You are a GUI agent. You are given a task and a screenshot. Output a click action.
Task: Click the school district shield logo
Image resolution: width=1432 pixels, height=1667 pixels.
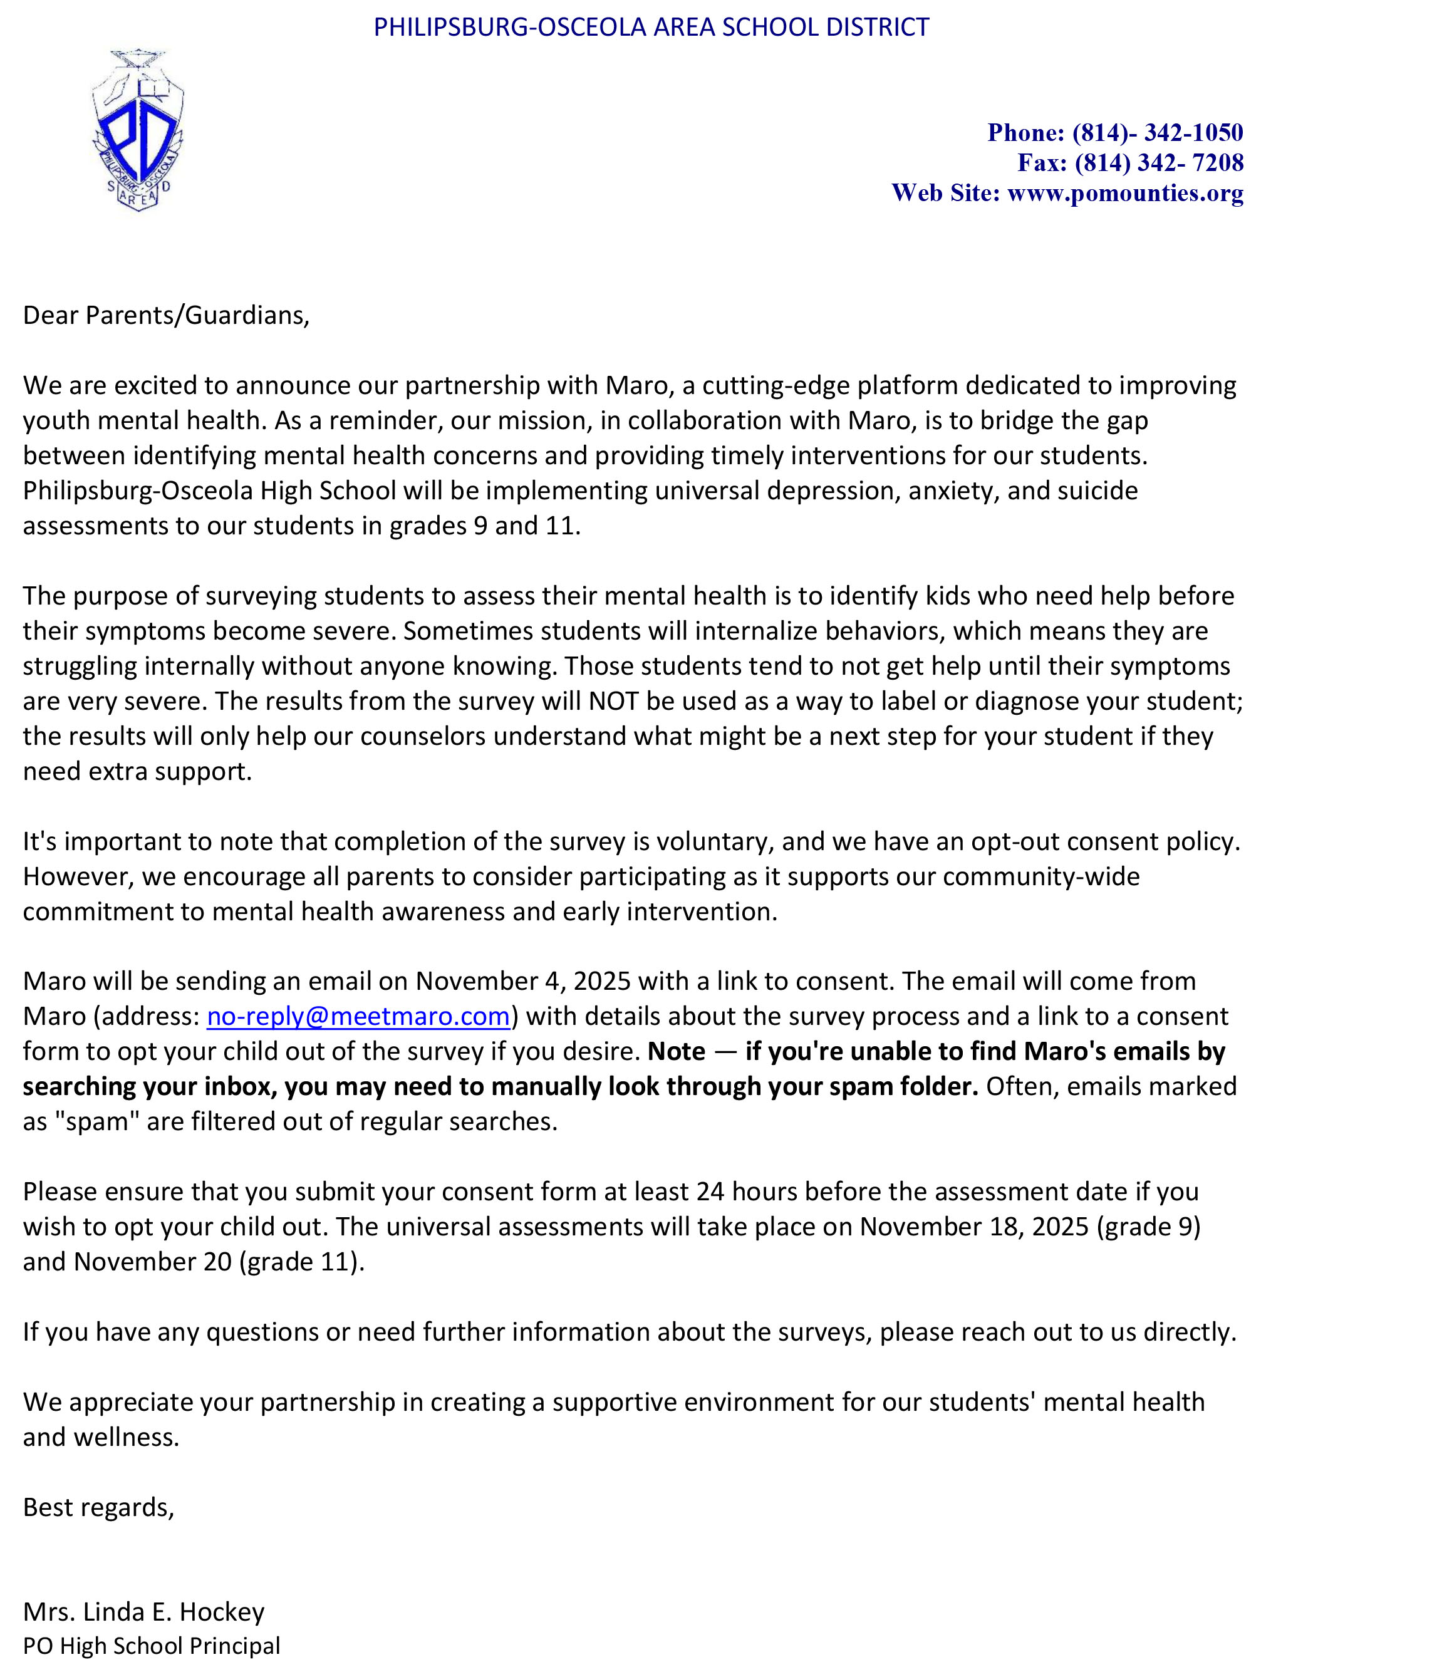[138, 131]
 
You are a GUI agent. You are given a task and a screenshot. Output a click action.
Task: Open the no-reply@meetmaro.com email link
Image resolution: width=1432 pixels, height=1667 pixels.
[358, 1016]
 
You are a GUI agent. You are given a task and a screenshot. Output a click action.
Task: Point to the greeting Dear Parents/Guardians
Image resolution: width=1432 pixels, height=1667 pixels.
[166, 315]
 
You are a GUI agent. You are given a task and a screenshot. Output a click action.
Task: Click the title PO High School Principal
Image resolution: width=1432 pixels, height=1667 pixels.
[151, 1646]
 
